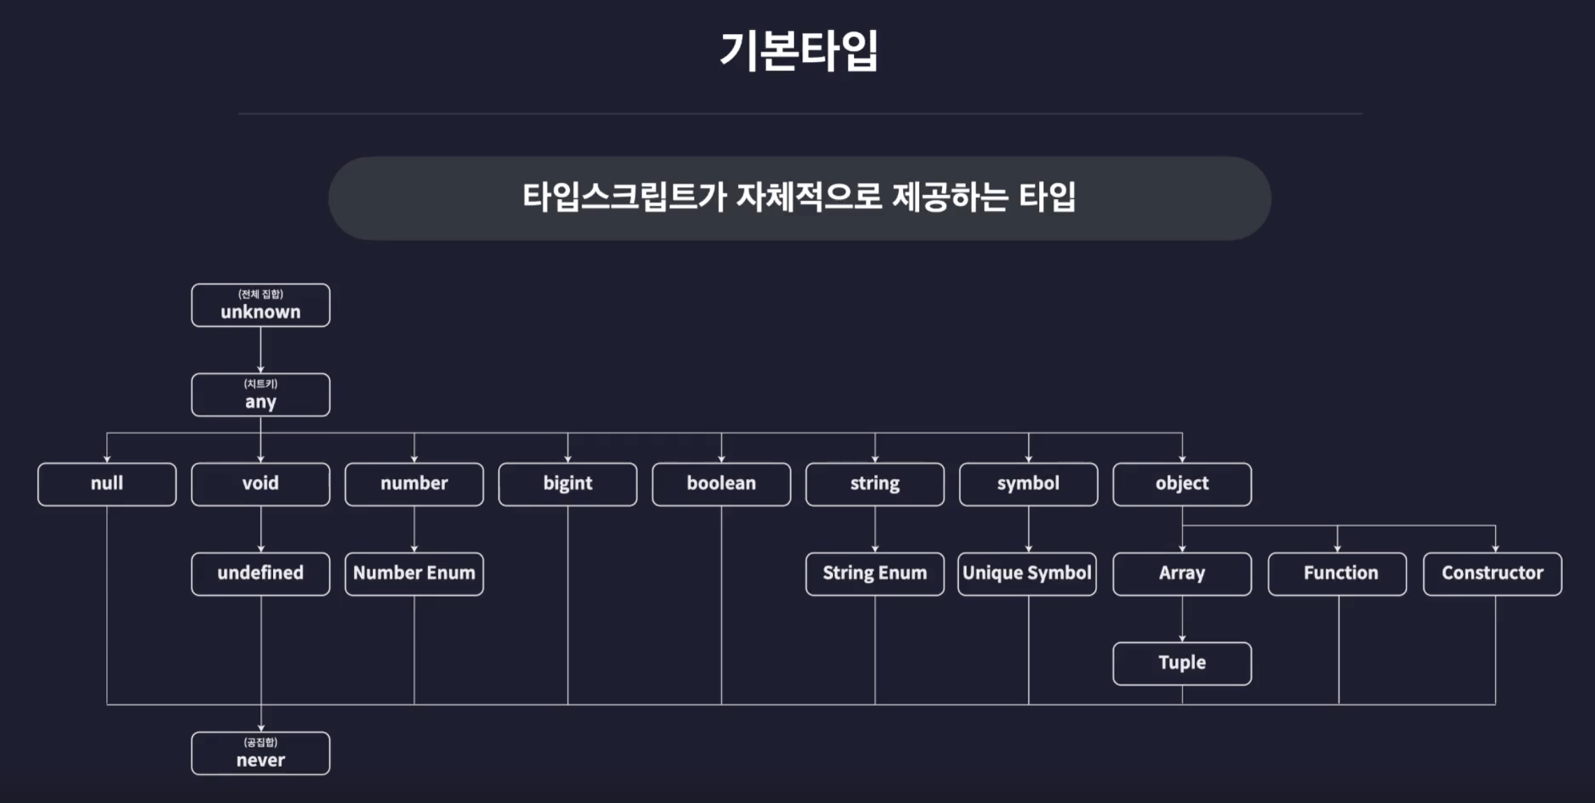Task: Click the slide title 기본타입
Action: pyautogui.click(x=798, y=50)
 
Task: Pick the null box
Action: pyautogui.click(x=107, y=484)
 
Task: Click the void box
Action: pyautogui.click(x=260, y=484)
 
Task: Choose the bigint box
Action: pyautogui.click(x=568, y=484)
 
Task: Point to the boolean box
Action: pyautogui.click(x=721, y=484)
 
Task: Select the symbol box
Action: pyautogui.click(x=1029, y=484)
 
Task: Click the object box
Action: pyautogui.click(x=1182, y=484)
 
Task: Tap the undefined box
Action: pyautogui.click(x=260, y=573)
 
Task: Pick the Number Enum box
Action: pyautogui.click(x=414, y=573)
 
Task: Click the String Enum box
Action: pyautogui.click(x=875, y=573)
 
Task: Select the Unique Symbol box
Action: pyautogui.click(x=1027, y=573)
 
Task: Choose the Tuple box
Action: pyautogui.click(x=1182, y=663)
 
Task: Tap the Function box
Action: pyautogui.click(x=1337, y=573)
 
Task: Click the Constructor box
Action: pyautogui.click(x=1492, y=573)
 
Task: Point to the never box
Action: pyautogui.click(x=260, y=753)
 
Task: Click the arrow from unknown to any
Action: pyautogui.click(x=260, y=350)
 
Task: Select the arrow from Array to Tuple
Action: pyautogui.click(x=1182, y=619)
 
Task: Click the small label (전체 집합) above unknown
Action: pyautogui.click(x=260, y=294)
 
